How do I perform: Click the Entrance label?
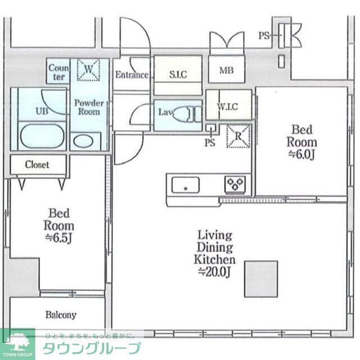(x=132, y=75)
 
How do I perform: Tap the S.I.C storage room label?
(x=178, y=74)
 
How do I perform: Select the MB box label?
(x=226, y=70)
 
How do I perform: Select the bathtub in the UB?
(x=43, y=137)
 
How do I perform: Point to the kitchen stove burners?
(x=235, y=183)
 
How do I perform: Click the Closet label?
(x=37, y=165)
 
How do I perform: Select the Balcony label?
(x=57, y=315)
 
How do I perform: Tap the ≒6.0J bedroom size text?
(x=301, y=153)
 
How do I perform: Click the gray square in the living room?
(x=261, y=278)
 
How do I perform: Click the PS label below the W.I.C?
(x=210, y=142)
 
